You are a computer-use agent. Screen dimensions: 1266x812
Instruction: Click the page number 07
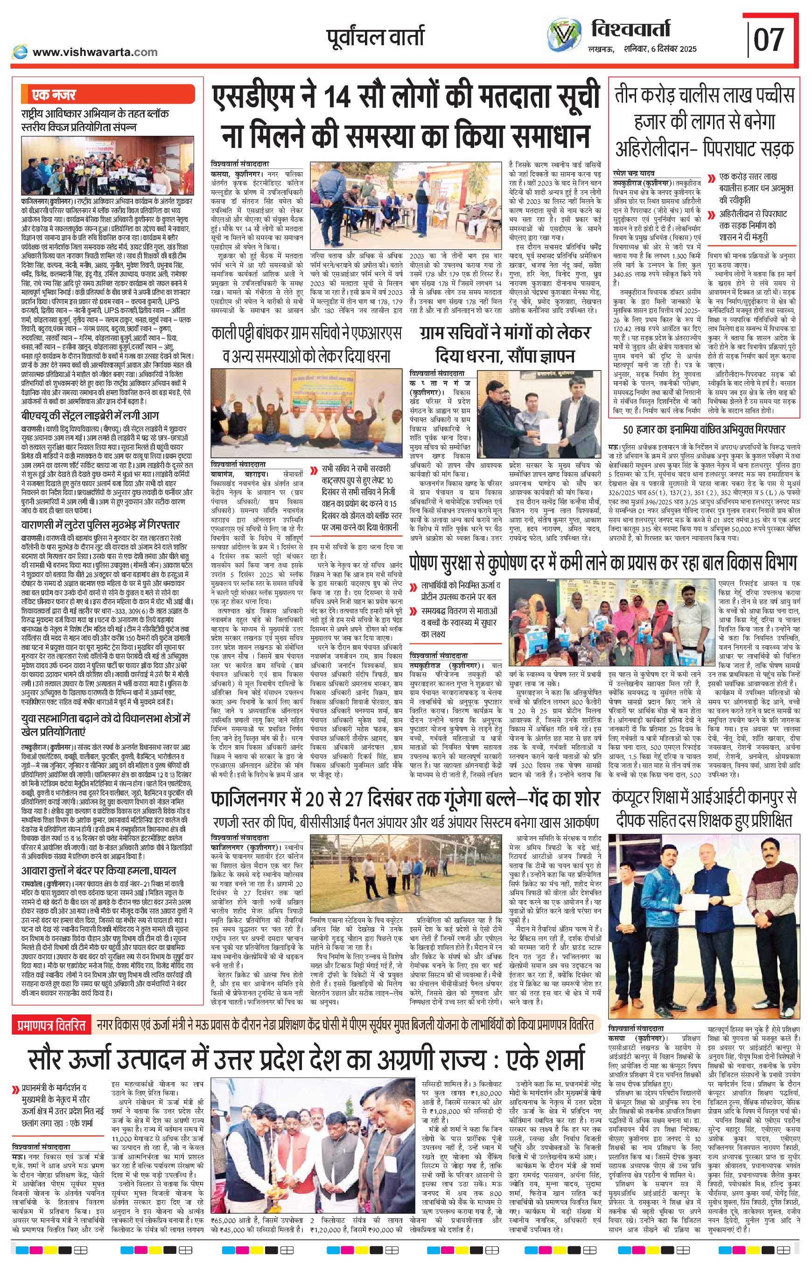(769, 39)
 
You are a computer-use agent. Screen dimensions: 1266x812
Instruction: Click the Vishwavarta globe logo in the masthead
(565, 36)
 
